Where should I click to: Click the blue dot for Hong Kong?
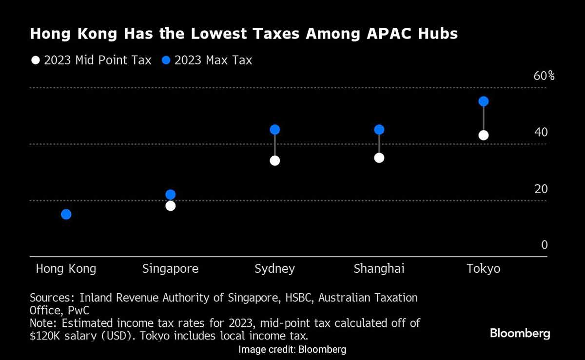pos(66,214)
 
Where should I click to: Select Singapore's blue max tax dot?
pos(171,195)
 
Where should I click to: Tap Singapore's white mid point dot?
pos(171,206)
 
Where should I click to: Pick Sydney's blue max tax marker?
pos(275,130)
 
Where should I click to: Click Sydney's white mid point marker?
pos(275,160)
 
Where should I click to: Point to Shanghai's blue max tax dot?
pos(379,130)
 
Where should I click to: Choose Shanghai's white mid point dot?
pos(379,158)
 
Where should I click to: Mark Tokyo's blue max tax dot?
pos(484,101)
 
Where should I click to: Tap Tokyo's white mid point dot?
pos(484,135)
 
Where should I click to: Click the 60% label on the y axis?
pos(544,76)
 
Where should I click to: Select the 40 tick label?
pos(541,132)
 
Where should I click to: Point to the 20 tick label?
pos(541,189)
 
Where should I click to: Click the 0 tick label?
pos(545,245)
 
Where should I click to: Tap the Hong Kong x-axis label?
pos(66,269)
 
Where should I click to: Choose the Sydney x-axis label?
pos(274,269)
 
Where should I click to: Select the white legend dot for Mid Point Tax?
pos(35,60)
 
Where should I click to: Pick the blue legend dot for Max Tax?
pos(166,60)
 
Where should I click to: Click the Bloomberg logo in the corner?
pos(520,334)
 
